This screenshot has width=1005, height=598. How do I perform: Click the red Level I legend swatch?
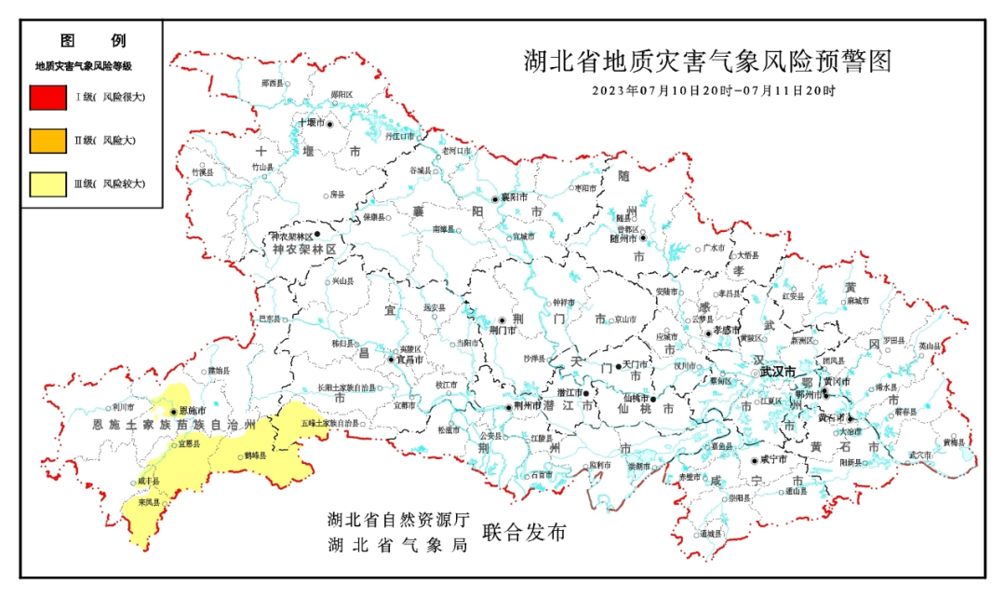click(47, 97)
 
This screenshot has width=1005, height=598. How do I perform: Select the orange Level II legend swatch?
click(47, 140)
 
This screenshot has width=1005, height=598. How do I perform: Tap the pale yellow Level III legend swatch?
click(47, 184)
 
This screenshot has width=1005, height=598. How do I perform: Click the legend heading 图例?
click(92, 41)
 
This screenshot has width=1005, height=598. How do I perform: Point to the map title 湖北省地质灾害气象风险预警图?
click(707, 62)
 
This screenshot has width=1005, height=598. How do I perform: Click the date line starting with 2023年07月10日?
click(713, 91)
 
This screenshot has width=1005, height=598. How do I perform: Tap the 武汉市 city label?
click(778, 372)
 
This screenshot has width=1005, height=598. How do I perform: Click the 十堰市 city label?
click(310, 123)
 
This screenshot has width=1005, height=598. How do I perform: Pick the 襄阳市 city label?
click(515, 197)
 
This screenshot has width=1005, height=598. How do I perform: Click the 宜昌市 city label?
click(410, 359)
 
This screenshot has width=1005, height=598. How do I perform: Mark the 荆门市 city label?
click(502, 329)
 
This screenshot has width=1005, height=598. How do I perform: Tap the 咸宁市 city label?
click(774, 459)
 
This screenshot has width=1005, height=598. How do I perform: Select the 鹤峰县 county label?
click(255, 455)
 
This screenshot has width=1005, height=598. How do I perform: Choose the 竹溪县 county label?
click(202, 172)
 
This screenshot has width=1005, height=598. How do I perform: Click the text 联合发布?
click(524, 533)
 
